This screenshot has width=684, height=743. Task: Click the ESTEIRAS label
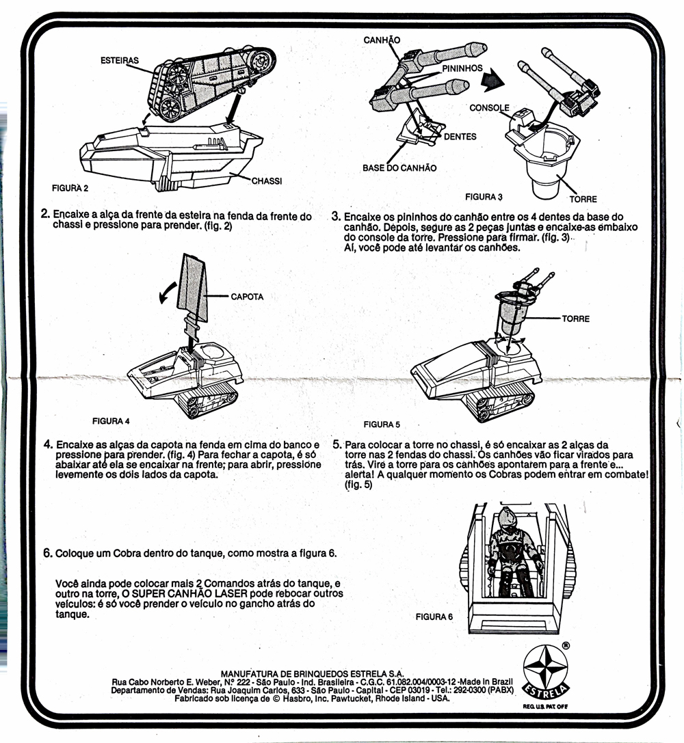coord(119,60)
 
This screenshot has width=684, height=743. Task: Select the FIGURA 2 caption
coord(71,187)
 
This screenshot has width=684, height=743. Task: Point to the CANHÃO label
coord(382,40)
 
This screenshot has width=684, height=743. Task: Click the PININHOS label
coord(462,68)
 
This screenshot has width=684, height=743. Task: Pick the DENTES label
coord(460,136)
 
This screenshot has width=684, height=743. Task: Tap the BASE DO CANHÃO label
coord(399,167)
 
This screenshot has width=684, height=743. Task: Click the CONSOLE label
coord(489,108)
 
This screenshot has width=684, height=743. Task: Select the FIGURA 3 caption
coord(484,197)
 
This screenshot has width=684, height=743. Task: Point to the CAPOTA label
coord(247,297)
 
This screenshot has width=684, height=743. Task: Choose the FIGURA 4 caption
coord(111,420)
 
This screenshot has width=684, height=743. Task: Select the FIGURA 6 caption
coord(434,617)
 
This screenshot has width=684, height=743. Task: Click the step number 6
coord(48,553)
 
